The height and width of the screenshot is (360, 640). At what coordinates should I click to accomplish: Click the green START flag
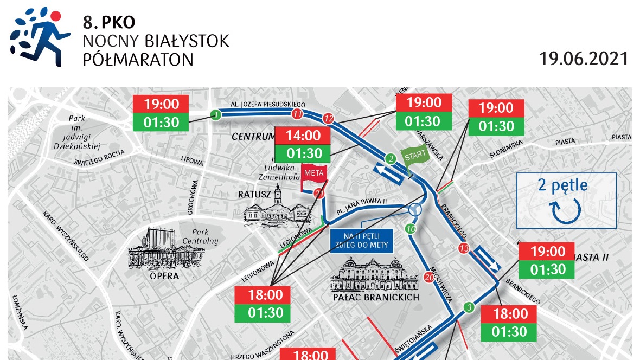(415, 156)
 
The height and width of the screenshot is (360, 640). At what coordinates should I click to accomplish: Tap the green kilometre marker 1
(216, 114)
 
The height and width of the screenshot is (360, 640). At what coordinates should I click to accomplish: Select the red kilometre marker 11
(297, 114)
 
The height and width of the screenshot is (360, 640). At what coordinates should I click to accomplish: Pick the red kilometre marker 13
(463, 248)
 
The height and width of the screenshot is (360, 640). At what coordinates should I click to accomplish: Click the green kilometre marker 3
(469, 308)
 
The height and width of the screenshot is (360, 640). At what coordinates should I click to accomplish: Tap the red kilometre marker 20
(429, 278)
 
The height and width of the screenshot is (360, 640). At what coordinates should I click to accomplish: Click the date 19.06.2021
(584, 59)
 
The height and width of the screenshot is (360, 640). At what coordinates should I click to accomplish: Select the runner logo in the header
(40, 36)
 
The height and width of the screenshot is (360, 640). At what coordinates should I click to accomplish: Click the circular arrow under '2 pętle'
(566, 211)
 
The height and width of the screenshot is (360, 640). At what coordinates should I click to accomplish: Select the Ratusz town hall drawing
(277, 209)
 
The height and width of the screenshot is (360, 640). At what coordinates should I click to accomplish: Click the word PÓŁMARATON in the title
(138, 59)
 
